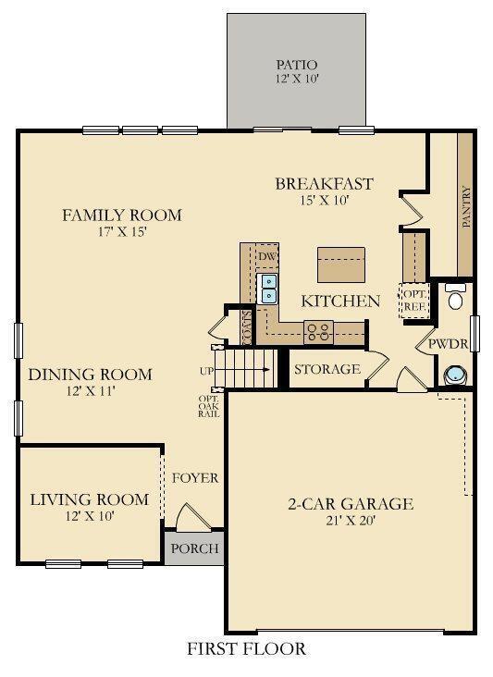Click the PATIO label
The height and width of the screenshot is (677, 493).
click(x=297, y=65)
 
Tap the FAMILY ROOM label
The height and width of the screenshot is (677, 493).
click(x=121, y=215)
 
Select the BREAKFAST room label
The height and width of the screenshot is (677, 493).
click(x=324, y=183)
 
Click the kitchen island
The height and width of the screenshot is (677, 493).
click(x=340, y=265)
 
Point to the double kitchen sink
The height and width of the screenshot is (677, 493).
click(x=269, y=289)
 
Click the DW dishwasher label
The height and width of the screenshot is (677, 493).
click(x=267, y=256)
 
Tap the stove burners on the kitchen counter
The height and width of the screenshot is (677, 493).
click(x=320, y=330)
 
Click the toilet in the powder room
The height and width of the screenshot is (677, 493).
click(x=455, y=298)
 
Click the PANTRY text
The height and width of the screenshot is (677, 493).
click(x=466, y=207)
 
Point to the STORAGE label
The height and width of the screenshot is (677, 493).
click(x=327, y=369)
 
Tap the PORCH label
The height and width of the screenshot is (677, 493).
click(x=195, y=548)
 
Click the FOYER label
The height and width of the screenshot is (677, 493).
click(x=195, y=478)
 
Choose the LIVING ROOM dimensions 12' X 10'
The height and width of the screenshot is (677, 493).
click(x=89, y=517)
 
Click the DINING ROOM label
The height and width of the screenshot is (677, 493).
click(x=90, y=375)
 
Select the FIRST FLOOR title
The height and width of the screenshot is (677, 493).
click(x=246, y=649)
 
